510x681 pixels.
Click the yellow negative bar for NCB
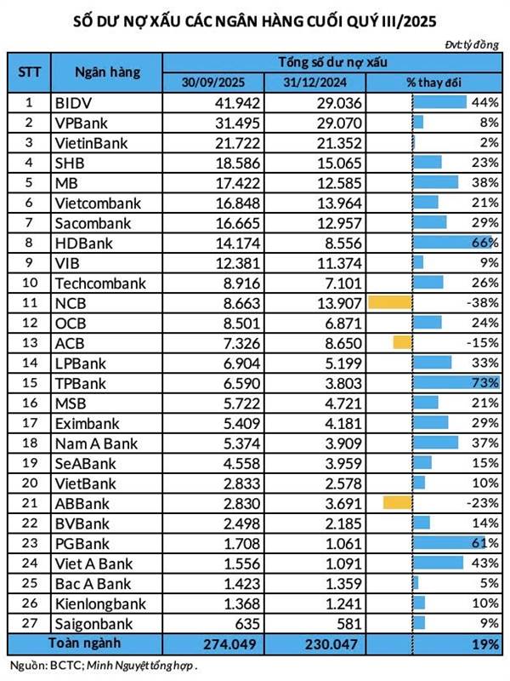point(389,301)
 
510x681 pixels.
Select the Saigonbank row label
point(93,624)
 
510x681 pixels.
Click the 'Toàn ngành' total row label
point(85,644)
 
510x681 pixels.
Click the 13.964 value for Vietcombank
point(340,203)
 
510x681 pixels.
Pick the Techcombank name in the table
point(99,283)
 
